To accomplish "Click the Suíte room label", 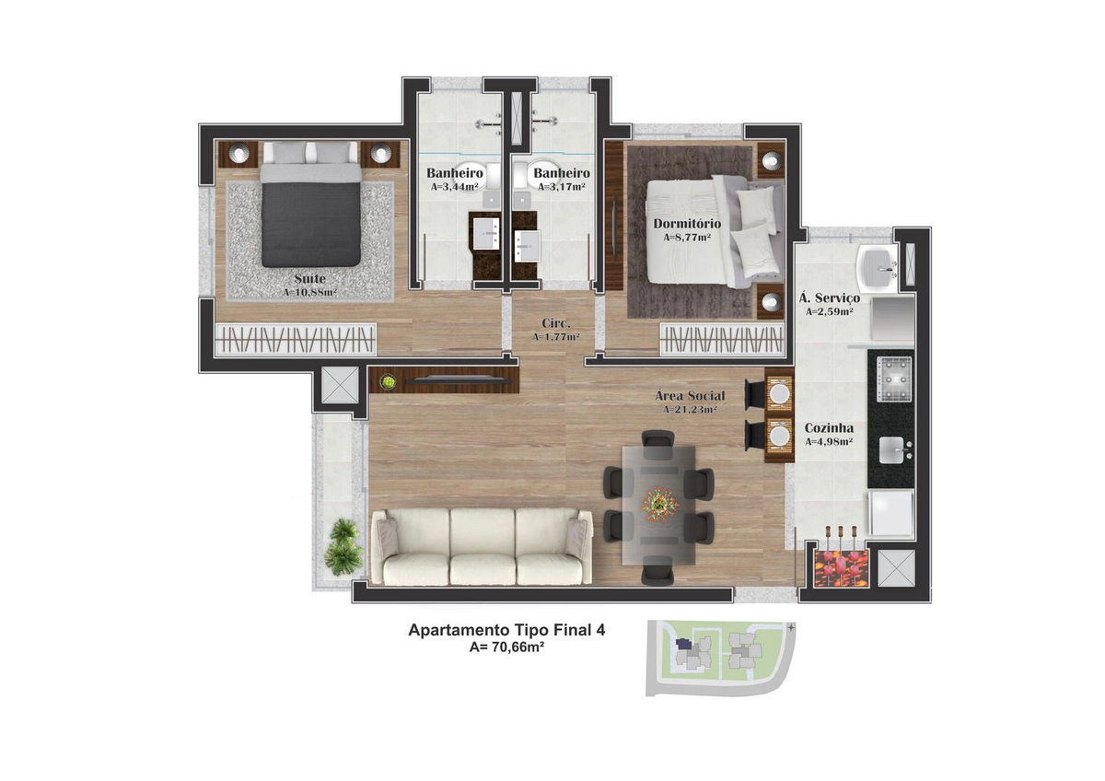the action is pyautogui.click(x=309, y=278).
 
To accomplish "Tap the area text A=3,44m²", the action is pyautogui.click(x=454, y=187).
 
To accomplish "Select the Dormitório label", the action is pyautogui.click(x=687, y=224).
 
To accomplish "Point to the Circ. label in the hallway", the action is pyautogui.click(x=556, y=323).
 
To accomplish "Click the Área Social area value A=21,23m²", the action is pyautogui.click(x=690, y=410).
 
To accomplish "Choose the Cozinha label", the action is pyautogui.click(x=829, y=428).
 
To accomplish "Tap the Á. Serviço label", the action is pyautogui.click(x=830, y=298).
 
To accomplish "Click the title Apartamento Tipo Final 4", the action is pyautogui.click(x=506, y=630).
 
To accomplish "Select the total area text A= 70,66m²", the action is pyautogui.click(x=506, y=647).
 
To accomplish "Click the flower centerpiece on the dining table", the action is pyautogui.click(x=659, y=504).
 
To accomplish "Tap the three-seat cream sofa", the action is pyautogui.click(x=482, y=546).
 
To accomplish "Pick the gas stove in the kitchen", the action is pyautogui.click(x=894, y=379).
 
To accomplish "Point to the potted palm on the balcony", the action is pyautogui.click(x=343, y=547).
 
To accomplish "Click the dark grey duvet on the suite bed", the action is pyautogui.click(x=311, y=225).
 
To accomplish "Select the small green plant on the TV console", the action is pyautogui.click(x=389, y=381).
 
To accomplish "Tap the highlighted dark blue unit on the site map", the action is pyautogui.click(x=683, y=644).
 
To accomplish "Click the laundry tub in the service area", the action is pyautogui.click(x=878, y=267).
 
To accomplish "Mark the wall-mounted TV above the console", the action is pyautogui.click(x=459, y=379).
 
